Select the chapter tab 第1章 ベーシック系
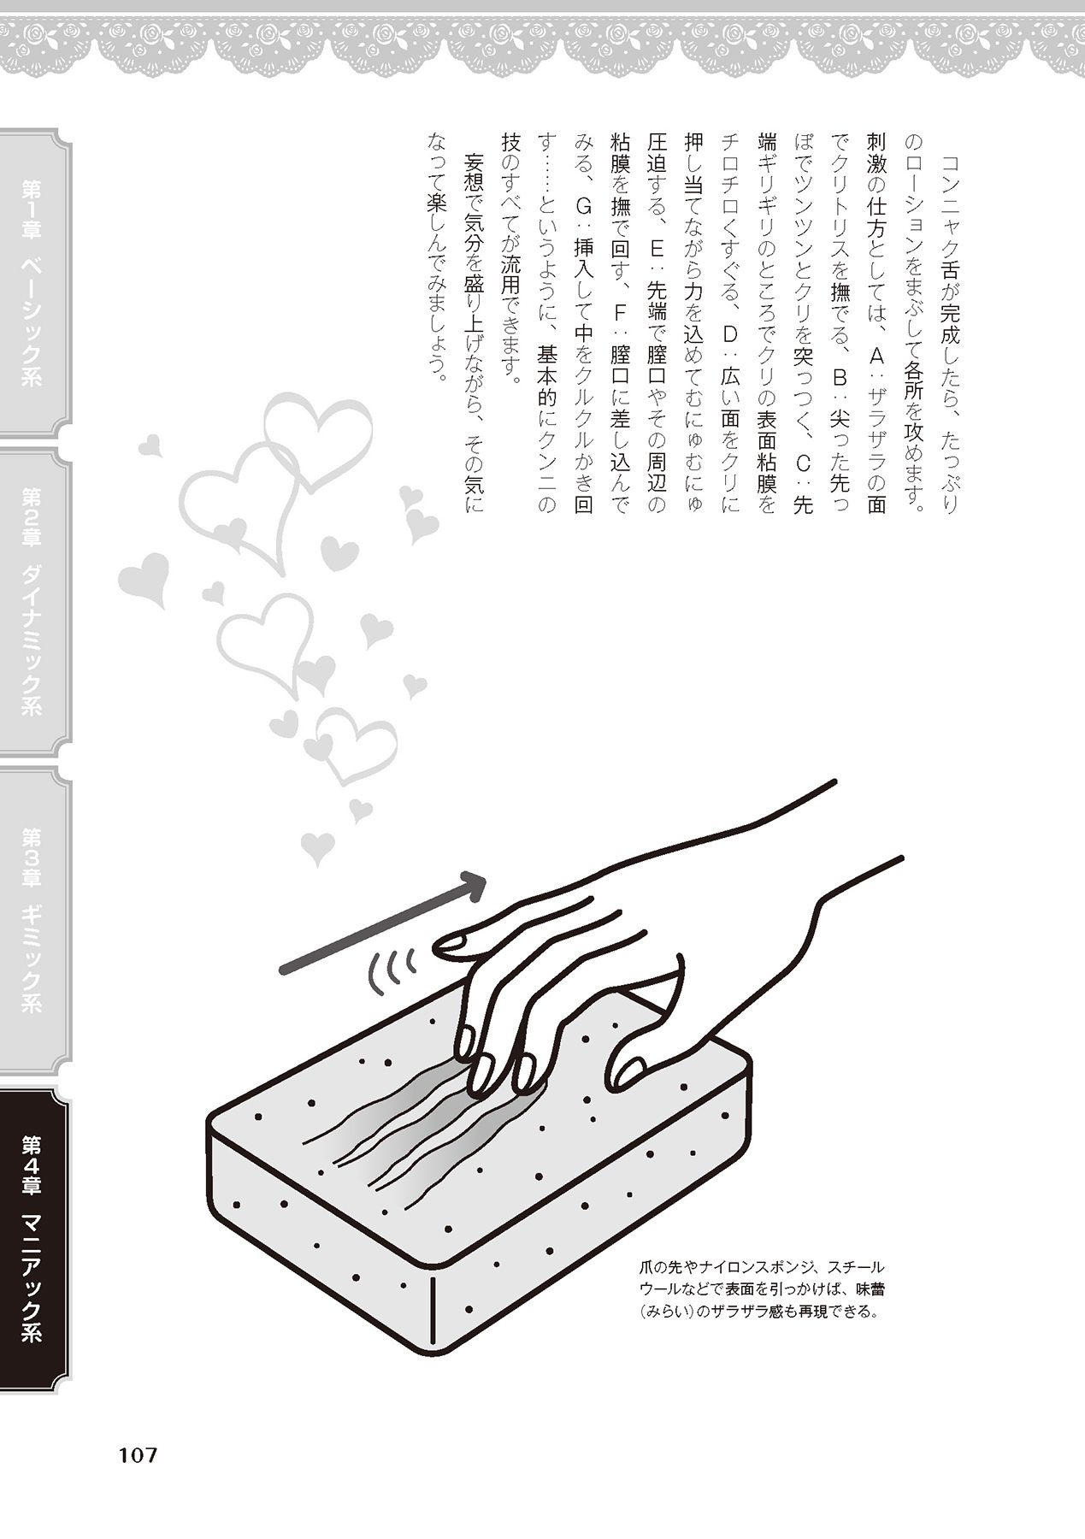coord(33,283)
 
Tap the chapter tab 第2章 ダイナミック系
coord(33,603)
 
